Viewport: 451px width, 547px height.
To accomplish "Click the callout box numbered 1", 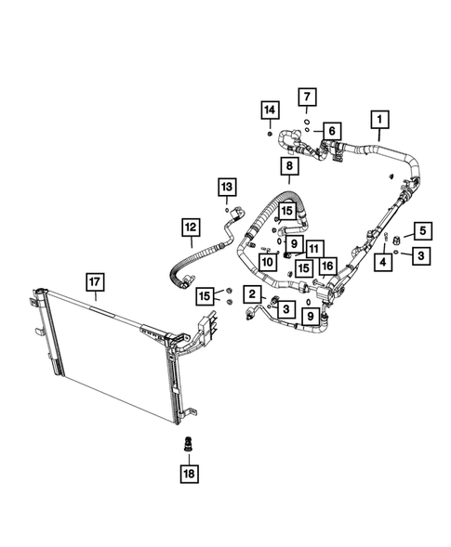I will tap(378, 120).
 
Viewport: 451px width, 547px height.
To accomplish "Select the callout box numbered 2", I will tap(251, 294).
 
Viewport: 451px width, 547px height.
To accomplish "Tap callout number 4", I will tap(381, 263).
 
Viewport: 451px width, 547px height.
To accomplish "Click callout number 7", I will tap(307, 96).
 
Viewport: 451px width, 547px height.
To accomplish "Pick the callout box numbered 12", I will tap(190, 227).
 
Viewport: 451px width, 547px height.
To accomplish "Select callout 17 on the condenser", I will tap(95, 280).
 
